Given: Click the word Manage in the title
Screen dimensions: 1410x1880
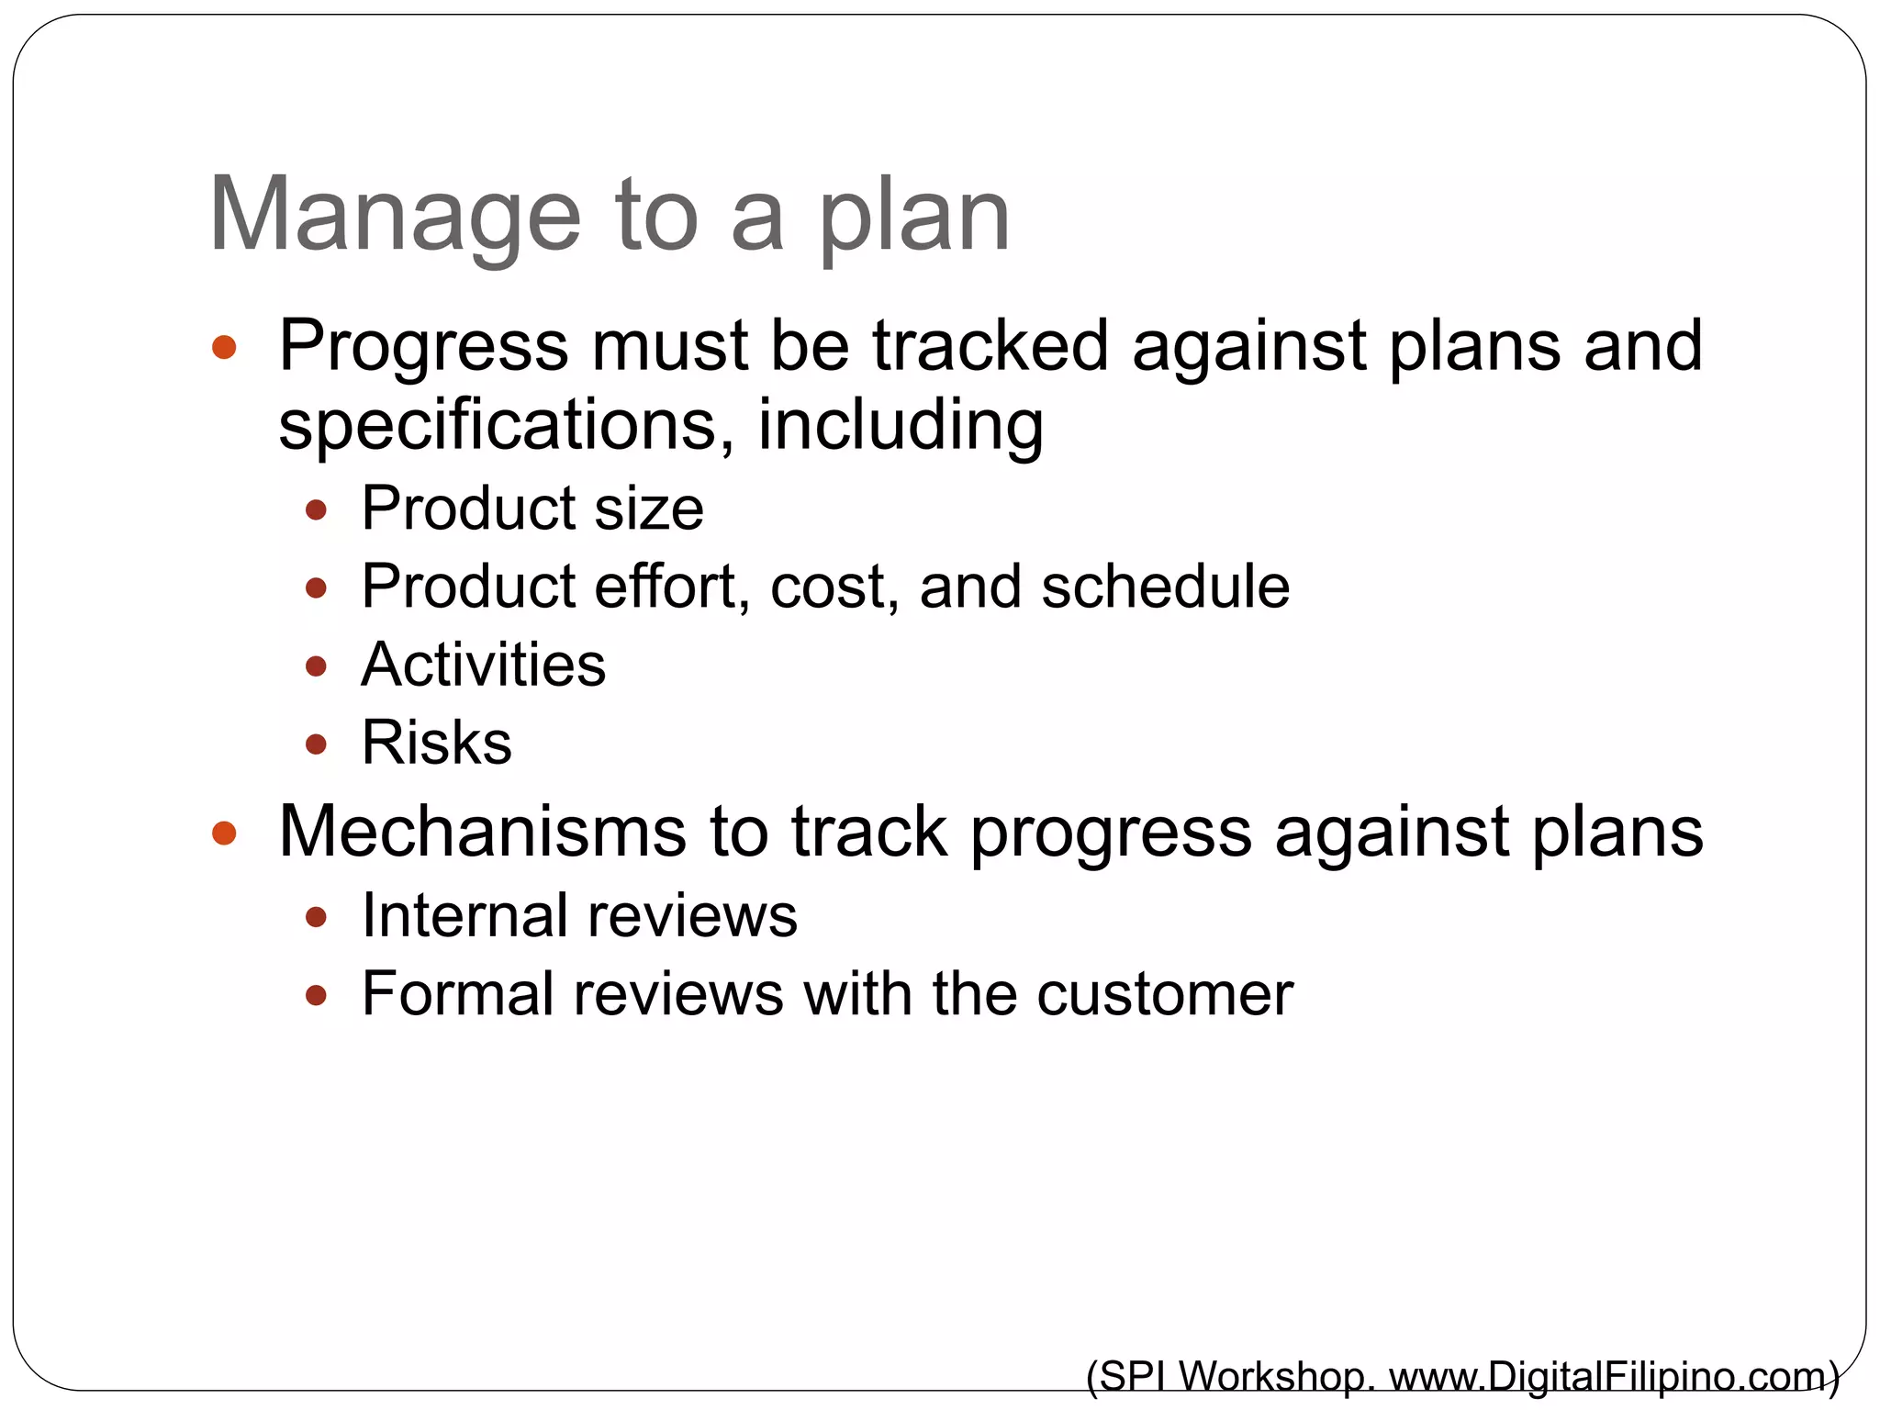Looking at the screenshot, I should coord(395,216).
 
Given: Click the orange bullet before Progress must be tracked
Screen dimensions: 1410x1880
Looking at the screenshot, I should coord(224,348).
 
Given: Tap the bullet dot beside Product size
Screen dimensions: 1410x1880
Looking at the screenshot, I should coord(316,509).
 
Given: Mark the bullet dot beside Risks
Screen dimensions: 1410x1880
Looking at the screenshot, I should coord(316,744).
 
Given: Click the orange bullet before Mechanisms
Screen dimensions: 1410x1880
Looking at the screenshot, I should coord(224,834).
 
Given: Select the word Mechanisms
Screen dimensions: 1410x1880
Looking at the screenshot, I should coord(482,831).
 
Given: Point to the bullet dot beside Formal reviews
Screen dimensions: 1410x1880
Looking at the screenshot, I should coord(316,995).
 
